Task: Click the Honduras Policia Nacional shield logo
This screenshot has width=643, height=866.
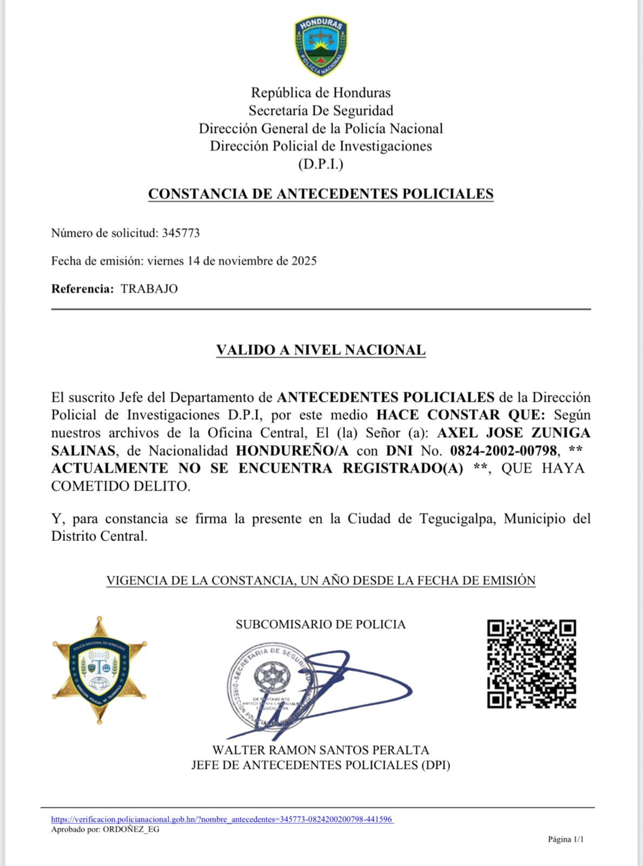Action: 320,45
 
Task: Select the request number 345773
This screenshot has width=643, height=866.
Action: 181,233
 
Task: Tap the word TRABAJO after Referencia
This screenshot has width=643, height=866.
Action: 149,288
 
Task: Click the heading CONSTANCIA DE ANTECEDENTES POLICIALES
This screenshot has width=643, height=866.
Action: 321,194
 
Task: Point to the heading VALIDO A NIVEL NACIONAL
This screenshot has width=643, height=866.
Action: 321,350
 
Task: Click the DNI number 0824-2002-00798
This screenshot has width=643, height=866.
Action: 503,450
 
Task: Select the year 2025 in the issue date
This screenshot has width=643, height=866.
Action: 304,261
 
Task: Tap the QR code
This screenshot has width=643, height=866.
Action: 531,664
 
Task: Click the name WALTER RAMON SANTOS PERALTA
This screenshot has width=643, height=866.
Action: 321,750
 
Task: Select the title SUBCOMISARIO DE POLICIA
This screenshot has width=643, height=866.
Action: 321,625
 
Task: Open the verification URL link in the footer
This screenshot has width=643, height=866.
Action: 222,819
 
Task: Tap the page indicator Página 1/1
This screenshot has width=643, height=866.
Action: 566,839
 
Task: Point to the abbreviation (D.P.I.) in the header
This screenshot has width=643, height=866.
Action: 321,164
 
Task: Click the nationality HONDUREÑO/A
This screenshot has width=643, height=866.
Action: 292,450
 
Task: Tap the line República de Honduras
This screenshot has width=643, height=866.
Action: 321,93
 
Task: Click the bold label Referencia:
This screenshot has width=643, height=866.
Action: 83,288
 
